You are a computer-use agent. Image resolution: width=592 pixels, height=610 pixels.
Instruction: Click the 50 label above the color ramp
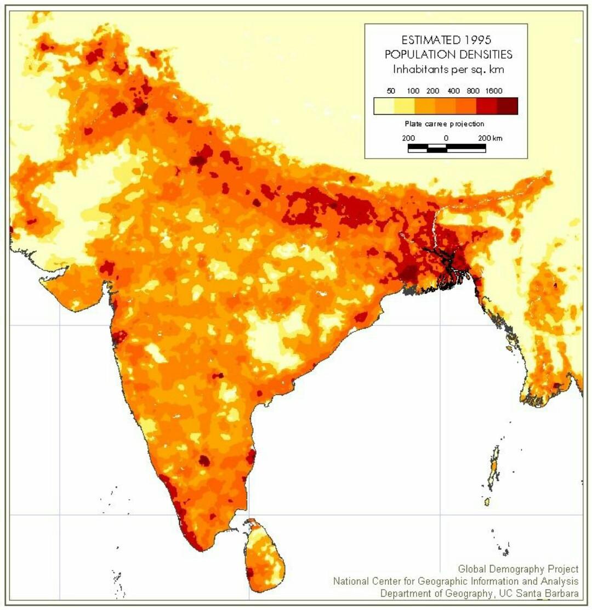click(x=391, y=91)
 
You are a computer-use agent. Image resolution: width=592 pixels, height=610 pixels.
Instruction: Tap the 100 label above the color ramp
click(x=413, y=91)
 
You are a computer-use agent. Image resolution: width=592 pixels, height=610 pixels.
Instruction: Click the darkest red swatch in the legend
click(x=508, y=105)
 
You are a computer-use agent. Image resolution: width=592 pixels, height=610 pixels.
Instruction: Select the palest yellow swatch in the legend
click(x=384, y=105)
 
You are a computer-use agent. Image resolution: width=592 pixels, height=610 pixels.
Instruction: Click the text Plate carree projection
click(x=445, y=124)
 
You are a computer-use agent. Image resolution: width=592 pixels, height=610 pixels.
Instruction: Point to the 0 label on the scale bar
click(x=446, y=138)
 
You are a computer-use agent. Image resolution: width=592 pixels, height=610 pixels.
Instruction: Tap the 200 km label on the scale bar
click(x=489, y=138)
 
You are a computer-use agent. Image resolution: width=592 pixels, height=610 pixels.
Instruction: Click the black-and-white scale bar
click(x=447, y=148)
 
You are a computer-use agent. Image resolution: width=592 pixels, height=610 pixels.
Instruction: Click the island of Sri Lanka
click(x=265, y=554)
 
